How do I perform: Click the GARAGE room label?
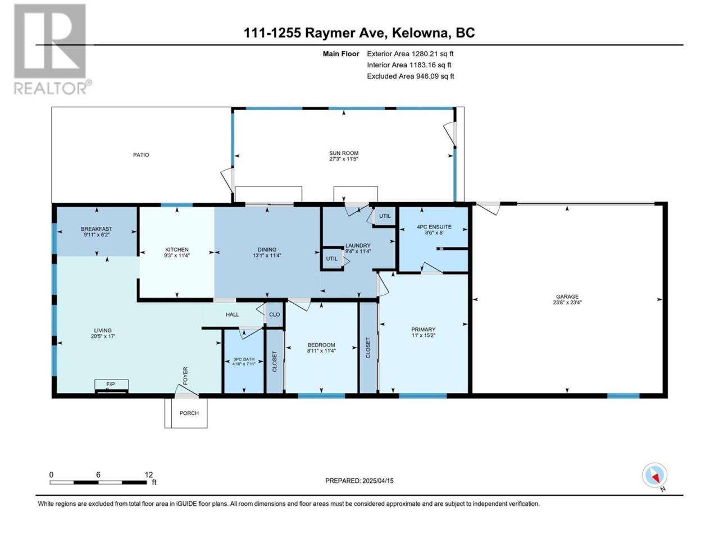tap(567, 296)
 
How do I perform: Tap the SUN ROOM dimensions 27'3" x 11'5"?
tap(344, 159)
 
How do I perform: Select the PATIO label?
tap(141, 155)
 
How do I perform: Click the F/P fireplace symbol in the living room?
tap(111, 386)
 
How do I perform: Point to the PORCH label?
tap(189, 413)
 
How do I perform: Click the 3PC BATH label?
tap(244, 359)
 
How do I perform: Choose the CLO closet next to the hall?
tap(275, 314)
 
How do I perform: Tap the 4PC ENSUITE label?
tap(434, 227)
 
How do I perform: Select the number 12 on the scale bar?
tap(148, 475)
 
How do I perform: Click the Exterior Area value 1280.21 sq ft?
tap(433, 54)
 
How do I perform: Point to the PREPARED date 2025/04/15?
tap(377, 481)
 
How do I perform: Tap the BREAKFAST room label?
tap(96, 229)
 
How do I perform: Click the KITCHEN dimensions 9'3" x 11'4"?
tap(176, 255)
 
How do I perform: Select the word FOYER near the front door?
tap(185, 376)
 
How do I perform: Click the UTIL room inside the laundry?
tap(331, 258)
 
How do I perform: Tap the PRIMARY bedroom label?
tap(423, 330)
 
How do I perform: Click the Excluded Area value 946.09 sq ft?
tap(435, 76)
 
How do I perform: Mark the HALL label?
tap(232, 314)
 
